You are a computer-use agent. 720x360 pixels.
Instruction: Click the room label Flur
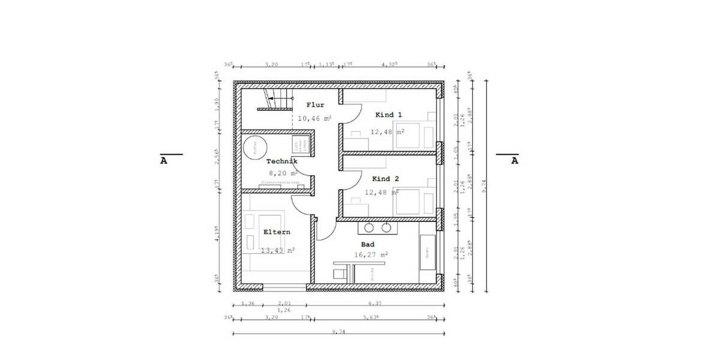[315, 105]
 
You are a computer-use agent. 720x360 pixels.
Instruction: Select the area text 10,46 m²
[315, 118]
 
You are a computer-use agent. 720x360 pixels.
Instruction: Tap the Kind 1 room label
[389, 115]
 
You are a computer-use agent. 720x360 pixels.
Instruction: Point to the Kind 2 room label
[385, 179]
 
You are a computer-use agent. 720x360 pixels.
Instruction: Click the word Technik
[281, 161]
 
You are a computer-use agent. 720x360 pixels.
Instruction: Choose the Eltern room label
[277, 232]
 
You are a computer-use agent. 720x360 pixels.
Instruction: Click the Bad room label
[368, 244]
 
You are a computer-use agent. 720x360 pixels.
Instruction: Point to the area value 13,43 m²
[277, 250]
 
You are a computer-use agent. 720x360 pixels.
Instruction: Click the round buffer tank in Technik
[254, 148]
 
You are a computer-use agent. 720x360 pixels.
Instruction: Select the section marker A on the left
[163, 161]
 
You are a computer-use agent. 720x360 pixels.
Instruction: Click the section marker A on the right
[514, 161]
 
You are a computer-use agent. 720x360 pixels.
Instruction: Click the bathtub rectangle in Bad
[427, 253]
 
